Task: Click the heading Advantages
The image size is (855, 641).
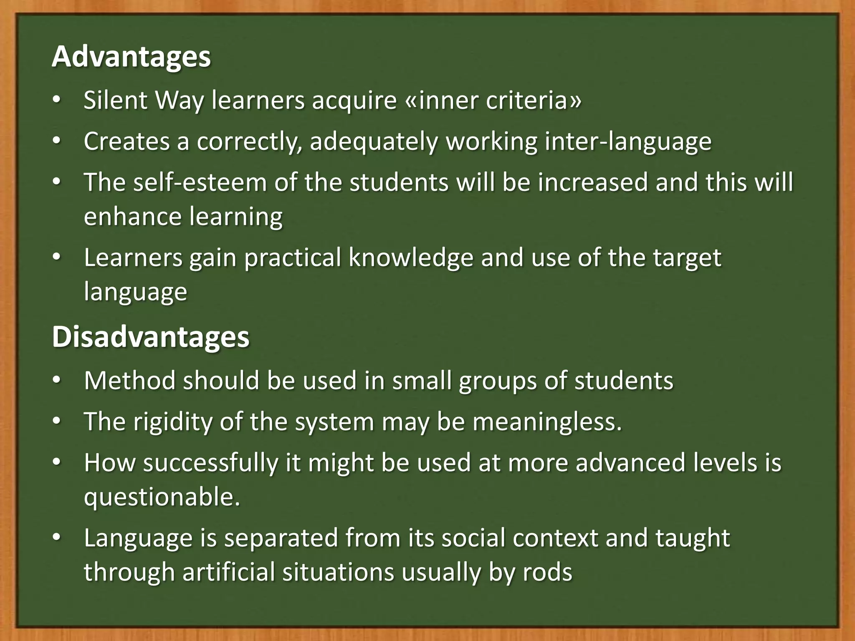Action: tap(131, 57)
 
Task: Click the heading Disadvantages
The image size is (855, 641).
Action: tap(150, 337)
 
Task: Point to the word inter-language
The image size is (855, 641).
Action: tap(628, 142)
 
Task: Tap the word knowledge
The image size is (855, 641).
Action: tap(411, 257)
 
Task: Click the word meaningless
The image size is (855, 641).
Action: tap(546, 422)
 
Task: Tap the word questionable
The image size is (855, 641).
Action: tap(162, 497)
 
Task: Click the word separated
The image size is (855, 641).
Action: tap(281, 538)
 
